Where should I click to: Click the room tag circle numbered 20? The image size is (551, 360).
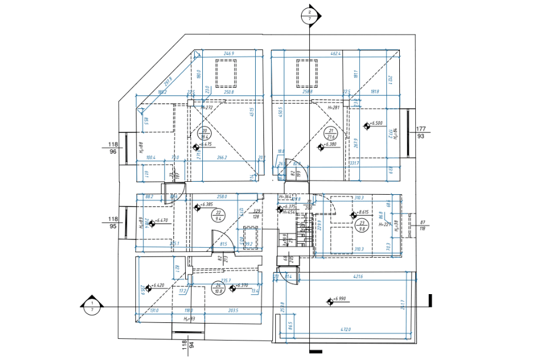205,134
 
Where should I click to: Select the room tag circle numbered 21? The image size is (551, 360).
332,134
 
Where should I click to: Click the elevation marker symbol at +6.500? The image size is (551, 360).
366,125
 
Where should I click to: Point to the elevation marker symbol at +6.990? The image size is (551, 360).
330,301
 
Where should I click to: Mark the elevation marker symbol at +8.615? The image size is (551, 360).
353,216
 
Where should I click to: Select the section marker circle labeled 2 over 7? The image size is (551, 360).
310,15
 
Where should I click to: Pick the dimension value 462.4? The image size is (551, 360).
336,54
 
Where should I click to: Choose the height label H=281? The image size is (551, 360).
333,108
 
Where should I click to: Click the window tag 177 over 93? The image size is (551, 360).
421,132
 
